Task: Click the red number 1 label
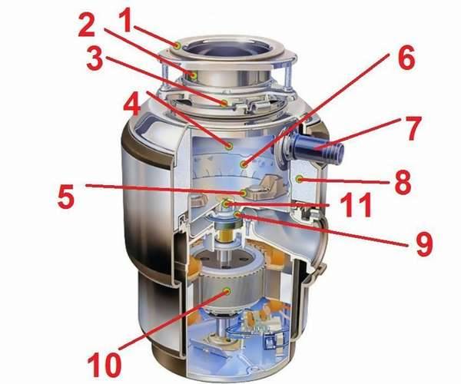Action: (x=127, y=21)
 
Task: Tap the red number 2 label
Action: (x=87, y=26)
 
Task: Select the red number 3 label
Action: (x=95, y=59)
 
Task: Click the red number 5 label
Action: (x=66, y=197)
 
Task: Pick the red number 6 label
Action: (x=407, y=58)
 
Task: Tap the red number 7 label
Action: (x=413, y=128)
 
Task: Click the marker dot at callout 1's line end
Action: (x=177, y=46)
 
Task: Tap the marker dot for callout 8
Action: (x=300, y=178)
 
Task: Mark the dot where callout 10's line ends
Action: (x=227, y=291)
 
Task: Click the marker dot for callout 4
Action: (x=229, y=145)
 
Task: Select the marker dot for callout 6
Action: (x=244, y=164)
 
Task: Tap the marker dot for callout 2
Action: (x=194, y=75)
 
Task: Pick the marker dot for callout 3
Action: (x=224, y=103)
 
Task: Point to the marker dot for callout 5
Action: (x=244, y=193)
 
